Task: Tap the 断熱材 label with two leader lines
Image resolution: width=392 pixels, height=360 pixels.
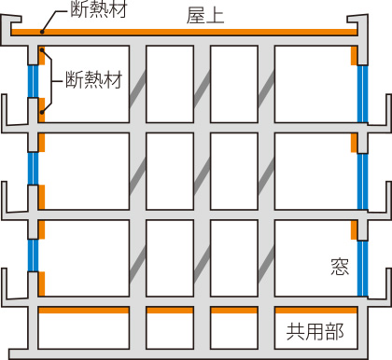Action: pyautogui.click(x=93, y=81)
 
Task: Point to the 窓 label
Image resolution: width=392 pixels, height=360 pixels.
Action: pyautogui.click(x=337, y=266)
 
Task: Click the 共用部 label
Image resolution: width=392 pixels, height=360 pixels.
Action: pyautogui.click(x=315, y=331)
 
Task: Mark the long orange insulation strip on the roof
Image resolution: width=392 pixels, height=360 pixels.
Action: pyautogui.click(x=187, y=33)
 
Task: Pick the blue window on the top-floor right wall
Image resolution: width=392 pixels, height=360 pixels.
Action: pyautogui.click(x=361, y=93)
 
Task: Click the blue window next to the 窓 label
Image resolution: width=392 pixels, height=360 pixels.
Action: pyautogui.click(x=361, y=265)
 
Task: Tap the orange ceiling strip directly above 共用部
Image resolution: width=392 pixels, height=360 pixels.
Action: pyautogui.click(x=315, y=310)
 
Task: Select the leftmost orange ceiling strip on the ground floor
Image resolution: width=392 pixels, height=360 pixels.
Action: pyautogui.click(x=83, y=310)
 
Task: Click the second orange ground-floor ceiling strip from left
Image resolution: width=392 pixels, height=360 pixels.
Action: pyautogui.click(x=168, y=310)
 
